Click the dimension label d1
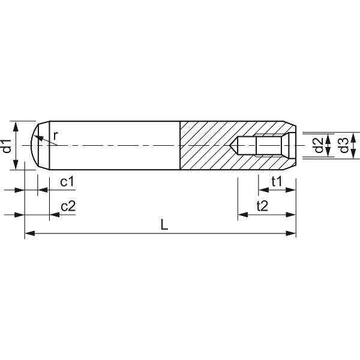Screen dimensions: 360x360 7,146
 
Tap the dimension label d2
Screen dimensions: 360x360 319,146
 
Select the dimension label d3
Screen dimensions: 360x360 343,146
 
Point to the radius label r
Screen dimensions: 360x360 55,136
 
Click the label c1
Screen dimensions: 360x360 67,181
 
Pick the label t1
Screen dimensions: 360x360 277,181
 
